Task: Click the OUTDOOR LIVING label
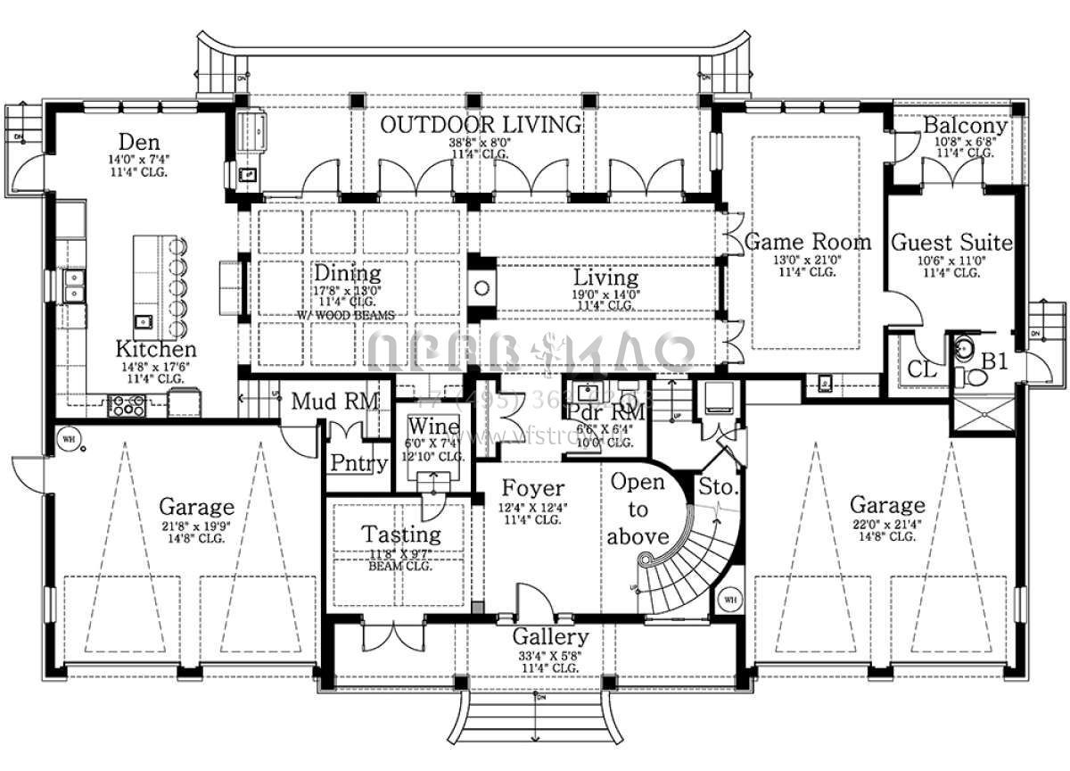pyautogui.click(x=481, y=125)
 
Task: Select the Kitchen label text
pyautogui.click(x=155, y=349)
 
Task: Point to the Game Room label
pyautogui.click(x=808, y=242)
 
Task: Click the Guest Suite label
pyautogui.click(x=951, y=242)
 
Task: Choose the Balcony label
pyautogui.click(x=965, y=126)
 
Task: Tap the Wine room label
pyautogui.click(x=436, y=427)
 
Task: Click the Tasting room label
pyautogui.click(x=400, y=535)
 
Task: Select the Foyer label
pyautogui.click(x=533, y=488)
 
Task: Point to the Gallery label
pyautogui.click(x=550, y=637)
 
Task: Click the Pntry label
pyautogui.click(x=358, y=463)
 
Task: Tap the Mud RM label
pyautogui.click(x=335, y=401)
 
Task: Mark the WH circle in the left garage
pyautogui.click(x=68, y=438)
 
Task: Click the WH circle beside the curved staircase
pyautogui.click(x=729, y=598)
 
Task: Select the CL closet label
pyautogui.click(x=922, y=369)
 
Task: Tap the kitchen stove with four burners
pyautogui.click(x=127, y=406)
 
